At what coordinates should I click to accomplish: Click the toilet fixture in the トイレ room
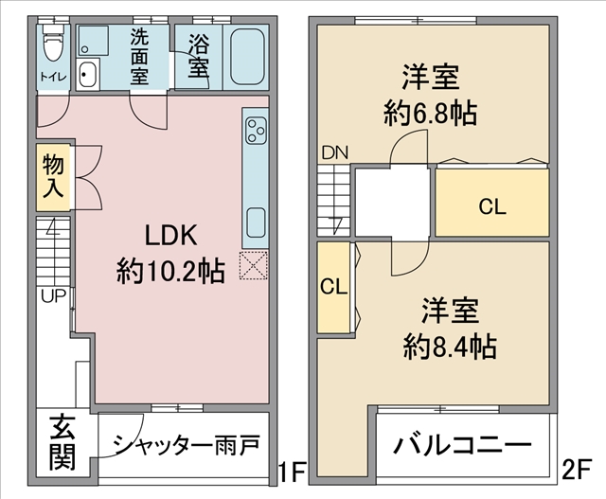click(x=53, y=43)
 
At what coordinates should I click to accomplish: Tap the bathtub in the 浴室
click(x=247, y=56)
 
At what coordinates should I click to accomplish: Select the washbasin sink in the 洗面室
click(x=88, y=74)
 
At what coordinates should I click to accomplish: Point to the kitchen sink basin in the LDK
click(x=256, y=223)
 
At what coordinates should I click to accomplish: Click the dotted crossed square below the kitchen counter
click(x=254, y=265)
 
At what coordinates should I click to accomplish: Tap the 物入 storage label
click(x=53, y=176)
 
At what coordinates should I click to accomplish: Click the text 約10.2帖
click(x=170, y=272)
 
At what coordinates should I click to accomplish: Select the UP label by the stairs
click(x=54, y=296)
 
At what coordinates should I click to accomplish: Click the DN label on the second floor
click(x=335, y=153)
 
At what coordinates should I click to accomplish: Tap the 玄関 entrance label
click(x=62, y=441)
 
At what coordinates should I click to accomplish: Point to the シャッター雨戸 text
click(x=186, y=445)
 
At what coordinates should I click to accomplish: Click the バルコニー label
click(x=462, y=445)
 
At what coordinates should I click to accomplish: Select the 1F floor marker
click(x=293, y=471)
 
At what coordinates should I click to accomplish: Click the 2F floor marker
click(x=577, y=470)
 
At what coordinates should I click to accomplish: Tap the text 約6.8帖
click(x=430, y=113)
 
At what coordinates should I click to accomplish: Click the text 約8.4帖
click(x=451, y=347)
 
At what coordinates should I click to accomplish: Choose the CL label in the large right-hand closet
click(x=492, y=207)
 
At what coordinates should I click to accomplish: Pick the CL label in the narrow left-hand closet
click(x=334, y=287)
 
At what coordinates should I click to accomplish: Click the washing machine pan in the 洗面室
click(x=93, y=40)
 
